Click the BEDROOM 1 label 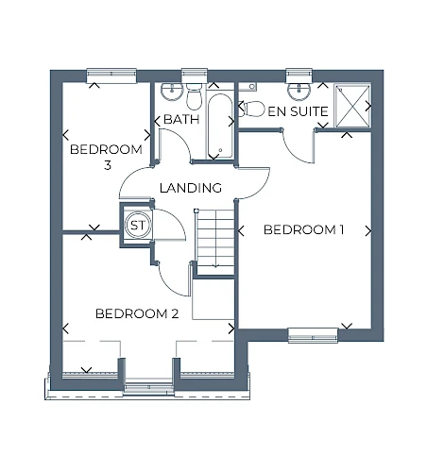[x=303, y=229]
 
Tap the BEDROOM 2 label [x=137, y=313]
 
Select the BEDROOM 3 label [x=106, y=157]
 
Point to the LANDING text [x=191, y=188]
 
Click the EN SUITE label [x=298, y=111]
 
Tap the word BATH [x=181, y=119]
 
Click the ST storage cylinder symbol [x=138, y=226]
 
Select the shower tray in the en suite [x=352, y=106]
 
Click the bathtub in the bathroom [x=220, y=126]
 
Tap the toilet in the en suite [x=251, y=109]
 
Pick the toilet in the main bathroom [x=194, y=96]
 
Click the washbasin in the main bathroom [x=172, y=92]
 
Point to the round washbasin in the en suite [x=299, y=90]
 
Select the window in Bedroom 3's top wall [x=111, y=76]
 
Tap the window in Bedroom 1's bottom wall [x=313, y=335]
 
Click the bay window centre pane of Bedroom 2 [x=148, y=388]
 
